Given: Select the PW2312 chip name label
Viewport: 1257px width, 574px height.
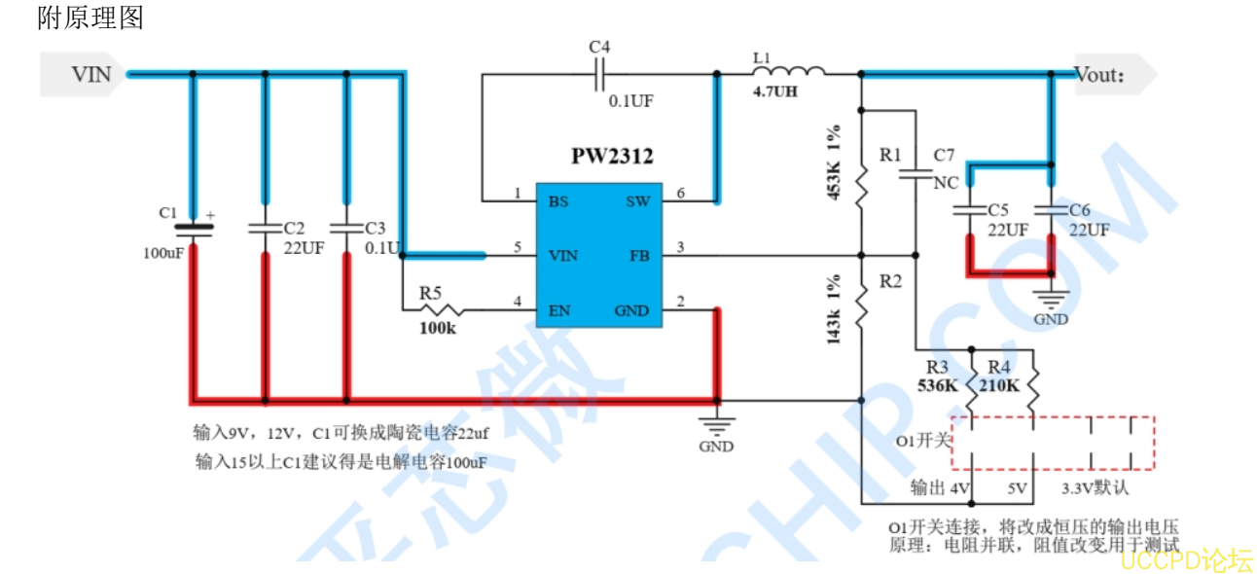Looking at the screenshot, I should click(x=612, y=156).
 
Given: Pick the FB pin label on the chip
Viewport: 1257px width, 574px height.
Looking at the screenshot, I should click(x=640, y=256).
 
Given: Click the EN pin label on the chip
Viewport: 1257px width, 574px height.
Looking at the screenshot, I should click(x=559, y=310).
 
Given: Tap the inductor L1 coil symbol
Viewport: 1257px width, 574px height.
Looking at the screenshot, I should click(x=788, y=71).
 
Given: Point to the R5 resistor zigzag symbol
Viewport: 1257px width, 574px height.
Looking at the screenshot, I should click(x=441, y=310).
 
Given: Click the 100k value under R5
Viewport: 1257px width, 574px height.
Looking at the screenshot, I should click(x=438, y=329).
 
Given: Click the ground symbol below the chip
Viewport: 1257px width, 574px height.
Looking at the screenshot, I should click(x=717, y=424).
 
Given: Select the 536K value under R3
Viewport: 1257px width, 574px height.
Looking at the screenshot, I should click(x=938, y=384).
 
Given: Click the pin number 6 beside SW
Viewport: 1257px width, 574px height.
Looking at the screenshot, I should click(x=680, y=193).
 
